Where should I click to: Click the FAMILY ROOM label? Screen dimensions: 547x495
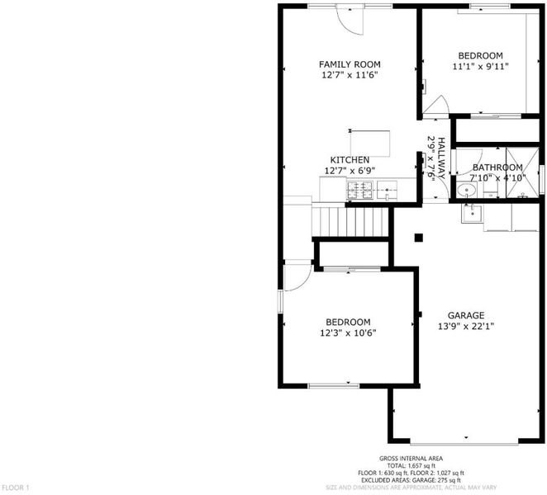click(350, 64)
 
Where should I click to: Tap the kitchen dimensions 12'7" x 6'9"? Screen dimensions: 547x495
click(350, 171)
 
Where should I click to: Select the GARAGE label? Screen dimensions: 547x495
click(466, 315)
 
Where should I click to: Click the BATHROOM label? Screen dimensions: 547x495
click(497, 167)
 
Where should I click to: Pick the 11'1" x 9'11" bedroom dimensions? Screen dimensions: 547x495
click(480, 66)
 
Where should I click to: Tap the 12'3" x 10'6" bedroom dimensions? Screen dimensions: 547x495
click(348, 333)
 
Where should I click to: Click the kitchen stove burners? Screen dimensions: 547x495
click(359, 191)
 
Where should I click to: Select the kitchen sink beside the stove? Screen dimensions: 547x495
click(387, 191)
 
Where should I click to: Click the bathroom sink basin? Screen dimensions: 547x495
click(466, 191)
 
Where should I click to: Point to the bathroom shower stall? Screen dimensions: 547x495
click(522, 172)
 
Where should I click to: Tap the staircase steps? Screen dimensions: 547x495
click(350, 222)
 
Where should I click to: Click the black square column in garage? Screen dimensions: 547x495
click(419, 238)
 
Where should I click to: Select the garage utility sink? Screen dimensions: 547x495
click(472, 213)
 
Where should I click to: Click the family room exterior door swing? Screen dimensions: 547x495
click(350, 20)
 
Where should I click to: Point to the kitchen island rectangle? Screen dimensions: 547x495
click(370, 144)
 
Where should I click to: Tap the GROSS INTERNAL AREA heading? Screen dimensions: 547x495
click(411, 459)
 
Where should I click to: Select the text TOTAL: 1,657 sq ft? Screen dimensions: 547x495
click(411, 466)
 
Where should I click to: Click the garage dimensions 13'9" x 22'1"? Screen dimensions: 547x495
click(466, 327)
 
